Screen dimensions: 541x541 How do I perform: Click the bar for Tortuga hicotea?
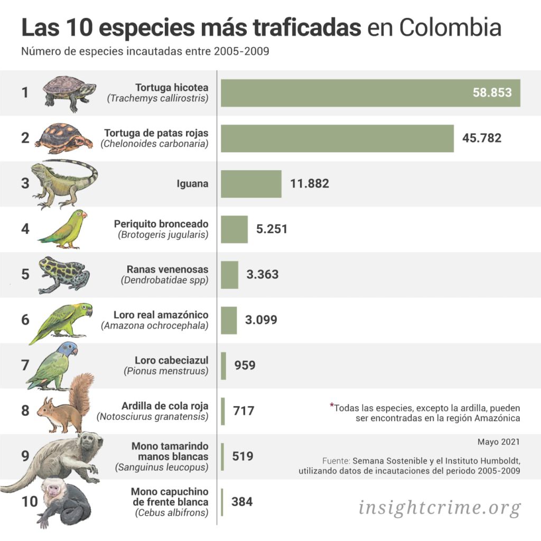coord(370,93)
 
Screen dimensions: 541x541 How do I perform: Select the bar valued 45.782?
coord(337,138)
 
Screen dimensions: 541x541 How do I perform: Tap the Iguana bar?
coord(251,184)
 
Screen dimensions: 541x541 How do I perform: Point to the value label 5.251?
coord(272,229)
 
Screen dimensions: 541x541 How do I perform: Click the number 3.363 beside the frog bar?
coord(262,275)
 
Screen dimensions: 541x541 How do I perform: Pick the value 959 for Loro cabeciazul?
coord(245,365)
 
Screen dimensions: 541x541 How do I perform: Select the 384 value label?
coord(242,501)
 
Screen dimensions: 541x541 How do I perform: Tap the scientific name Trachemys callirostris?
coord(157,98)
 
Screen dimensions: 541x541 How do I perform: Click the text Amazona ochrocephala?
coord(155,325)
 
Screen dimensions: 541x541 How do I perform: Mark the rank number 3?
coord(25,184)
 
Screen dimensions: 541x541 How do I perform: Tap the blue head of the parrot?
coord(68,349)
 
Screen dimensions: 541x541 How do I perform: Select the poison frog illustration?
coord(63,274)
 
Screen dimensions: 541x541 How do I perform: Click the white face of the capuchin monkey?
coord(53,489)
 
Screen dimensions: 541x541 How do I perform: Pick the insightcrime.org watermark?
coord(440,508)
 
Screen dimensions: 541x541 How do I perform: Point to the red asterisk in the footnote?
coord(332,406)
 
